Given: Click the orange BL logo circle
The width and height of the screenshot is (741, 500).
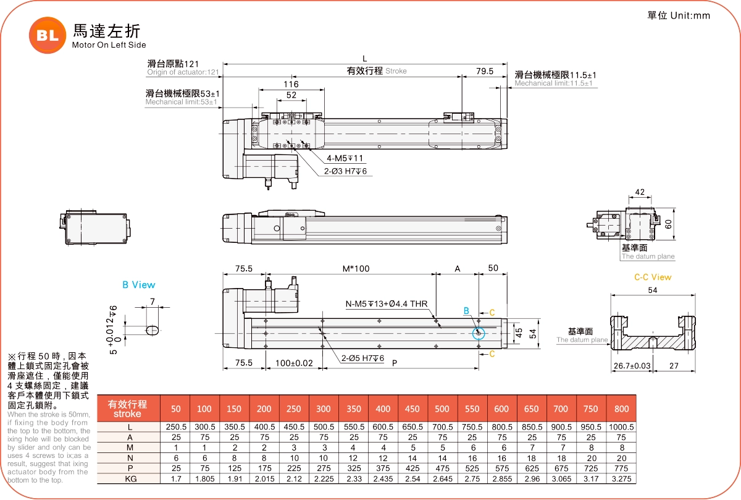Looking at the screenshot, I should tap(47, 36).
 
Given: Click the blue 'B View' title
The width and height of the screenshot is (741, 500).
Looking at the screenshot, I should tap(139, 285).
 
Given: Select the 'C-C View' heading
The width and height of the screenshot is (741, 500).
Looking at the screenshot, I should tap(653, 277).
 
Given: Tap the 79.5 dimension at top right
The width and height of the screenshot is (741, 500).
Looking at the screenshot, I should tap(485, 71).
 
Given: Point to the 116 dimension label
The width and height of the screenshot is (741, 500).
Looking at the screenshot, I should tap(291, 84).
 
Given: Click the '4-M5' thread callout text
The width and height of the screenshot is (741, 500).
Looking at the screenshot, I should tap(345, 158).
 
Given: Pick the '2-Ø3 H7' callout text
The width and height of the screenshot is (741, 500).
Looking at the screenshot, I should tap(347, 171).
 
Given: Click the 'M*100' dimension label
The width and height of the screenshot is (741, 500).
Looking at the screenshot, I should tap(356, 269).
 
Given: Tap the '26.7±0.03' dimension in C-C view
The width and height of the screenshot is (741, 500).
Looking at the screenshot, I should tap(632, 366).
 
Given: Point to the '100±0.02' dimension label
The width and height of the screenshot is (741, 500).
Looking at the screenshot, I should tap(295, 362).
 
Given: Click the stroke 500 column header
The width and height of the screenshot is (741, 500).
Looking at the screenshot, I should tap(442, 409).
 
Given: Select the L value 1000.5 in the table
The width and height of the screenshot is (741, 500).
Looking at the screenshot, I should tap(622, 427).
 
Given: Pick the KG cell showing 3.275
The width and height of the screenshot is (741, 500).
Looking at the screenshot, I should tap(622, 479).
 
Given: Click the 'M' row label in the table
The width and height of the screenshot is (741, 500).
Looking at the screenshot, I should tap(130, 447).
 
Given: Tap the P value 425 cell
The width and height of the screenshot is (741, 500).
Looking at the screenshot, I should tap(412, 468).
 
